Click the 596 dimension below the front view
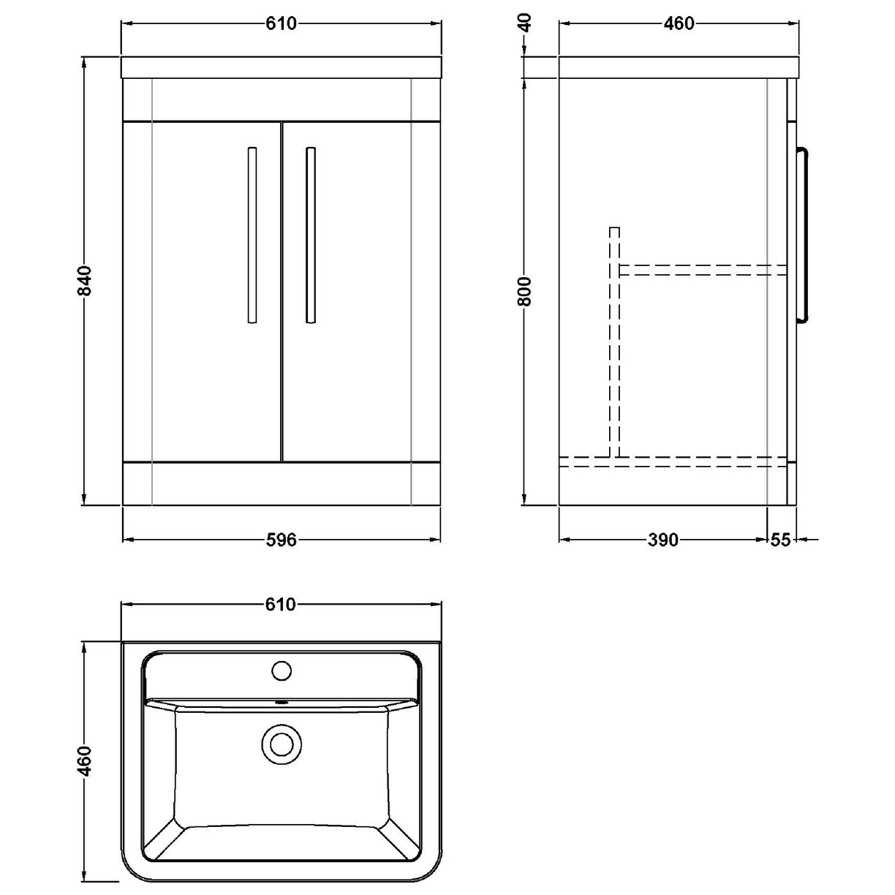tap(282, 540)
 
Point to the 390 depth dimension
tap(663, 540)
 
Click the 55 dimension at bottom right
tap(780, 540)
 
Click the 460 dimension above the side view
tap(678, 23)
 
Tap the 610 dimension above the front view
tap(282, 23)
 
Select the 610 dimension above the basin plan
tap(282, 604)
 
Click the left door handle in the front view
tap(252, 235)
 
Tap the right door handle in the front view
tap(311, 235)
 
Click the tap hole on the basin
tap(282, 669)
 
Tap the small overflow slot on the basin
tap(282, 703)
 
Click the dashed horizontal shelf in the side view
tap(702, 270)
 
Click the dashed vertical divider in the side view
tap(614, 344)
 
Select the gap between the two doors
tap(282, 292)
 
